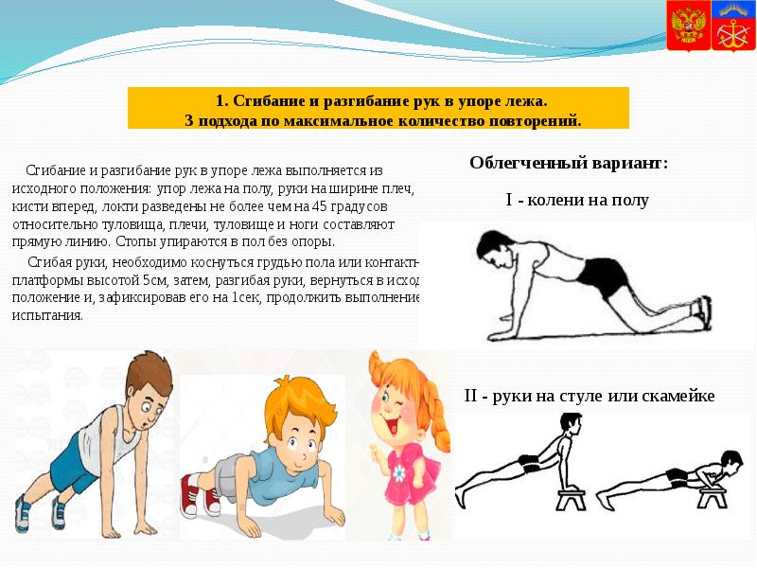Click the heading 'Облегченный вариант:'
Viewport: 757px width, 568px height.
(569, 163)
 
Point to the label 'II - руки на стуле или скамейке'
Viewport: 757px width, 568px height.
(589, 396)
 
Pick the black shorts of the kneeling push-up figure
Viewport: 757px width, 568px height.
(602, 276)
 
